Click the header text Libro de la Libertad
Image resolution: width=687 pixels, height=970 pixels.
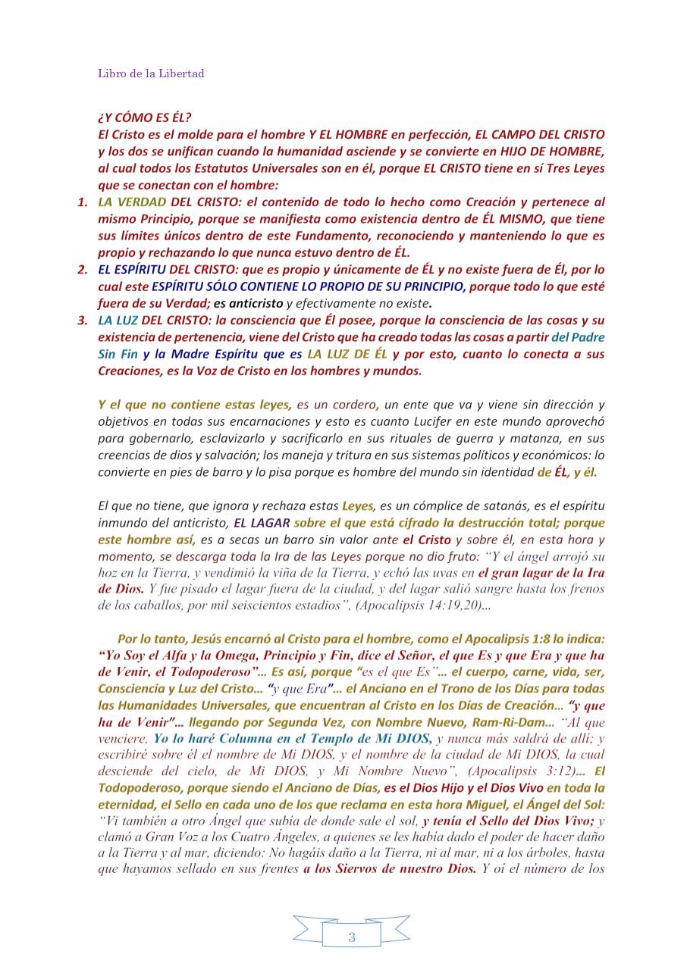pyautogui.click(x=151, y=74)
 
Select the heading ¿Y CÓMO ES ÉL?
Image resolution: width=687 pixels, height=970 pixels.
pyautogui.click(x=144, y=117)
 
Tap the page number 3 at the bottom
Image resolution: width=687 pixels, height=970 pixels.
pyautogui.click(x=351, y=937)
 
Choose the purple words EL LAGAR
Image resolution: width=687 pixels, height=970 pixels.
pyautogui.click(x=262, y=523)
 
